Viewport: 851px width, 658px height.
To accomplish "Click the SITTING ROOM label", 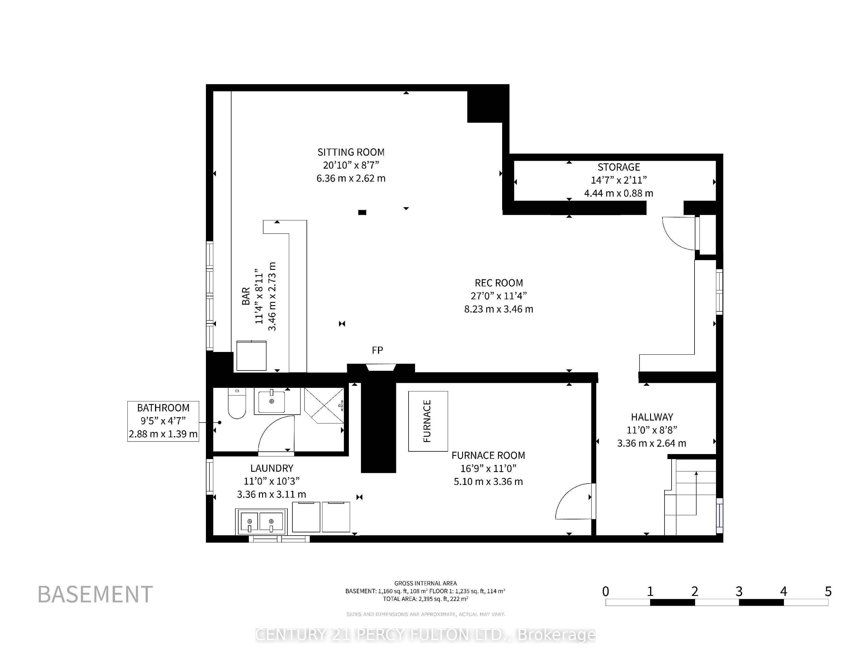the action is [351, 152].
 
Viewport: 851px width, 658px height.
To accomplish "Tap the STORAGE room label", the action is [619, 167].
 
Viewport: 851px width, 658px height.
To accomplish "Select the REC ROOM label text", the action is [499, 283].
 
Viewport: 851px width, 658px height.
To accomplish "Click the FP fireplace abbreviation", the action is [377, 350].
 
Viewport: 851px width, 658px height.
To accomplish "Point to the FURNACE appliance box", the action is [428, 421].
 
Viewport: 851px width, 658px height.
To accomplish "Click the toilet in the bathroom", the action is [237, 404].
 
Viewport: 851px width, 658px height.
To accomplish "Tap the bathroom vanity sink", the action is [272, 401].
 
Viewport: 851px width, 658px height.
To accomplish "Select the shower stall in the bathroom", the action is [324, 405].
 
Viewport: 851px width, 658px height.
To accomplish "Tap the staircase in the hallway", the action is [690, 497].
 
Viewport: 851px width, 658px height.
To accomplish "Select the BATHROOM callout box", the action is [163, 421].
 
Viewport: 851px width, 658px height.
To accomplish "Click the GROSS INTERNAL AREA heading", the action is [425, 584].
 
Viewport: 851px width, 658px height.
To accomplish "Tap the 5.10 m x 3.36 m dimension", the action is [488, 482].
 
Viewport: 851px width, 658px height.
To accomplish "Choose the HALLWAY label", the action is [652, 417].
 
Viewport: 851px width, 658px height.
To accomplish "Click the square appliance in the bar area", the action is [251, 356].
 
